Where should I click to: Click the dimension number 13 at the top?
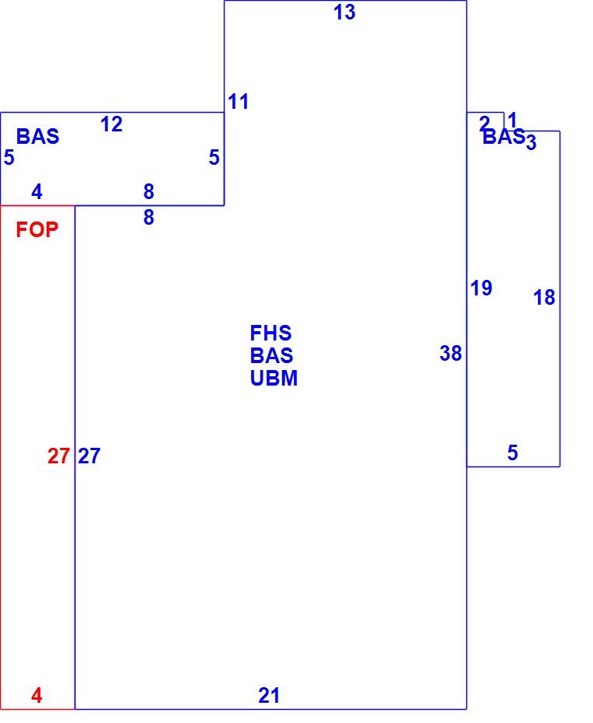pos(344,12)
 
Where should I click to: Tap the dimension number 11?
pos(239,102)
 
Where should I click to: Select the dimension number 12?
pos(112,124)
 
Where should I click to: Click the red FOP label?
pos(37,229)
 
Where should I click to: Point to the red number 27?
pos(58,456)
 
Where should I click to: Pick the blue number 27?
pos(89,456)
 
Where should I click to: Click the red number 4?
pos(37,695)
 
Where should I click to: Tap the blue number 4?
pos(37,191)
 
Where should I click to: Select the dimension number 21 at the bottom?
pos(269,695)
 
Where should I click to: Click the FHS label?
pos(270,333)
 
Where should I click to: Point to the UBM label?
pos(274,378)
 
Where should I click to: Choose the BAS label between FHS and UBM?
pos(271,355)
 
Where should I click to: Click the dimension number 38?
pos(451,354)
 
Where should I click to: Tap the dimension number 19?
pos(481,288)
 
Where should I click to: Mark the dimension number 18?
pos(544,298)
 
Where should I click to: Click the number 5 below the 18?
pos(513,452)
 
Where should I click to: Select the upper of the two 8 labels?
pos(148,191)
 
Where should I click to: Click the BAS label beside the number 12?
pos(38,137)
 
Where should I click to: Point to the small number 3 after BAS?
pos(531,142)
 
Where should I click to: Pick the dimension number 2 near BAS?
pos(484,123)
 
